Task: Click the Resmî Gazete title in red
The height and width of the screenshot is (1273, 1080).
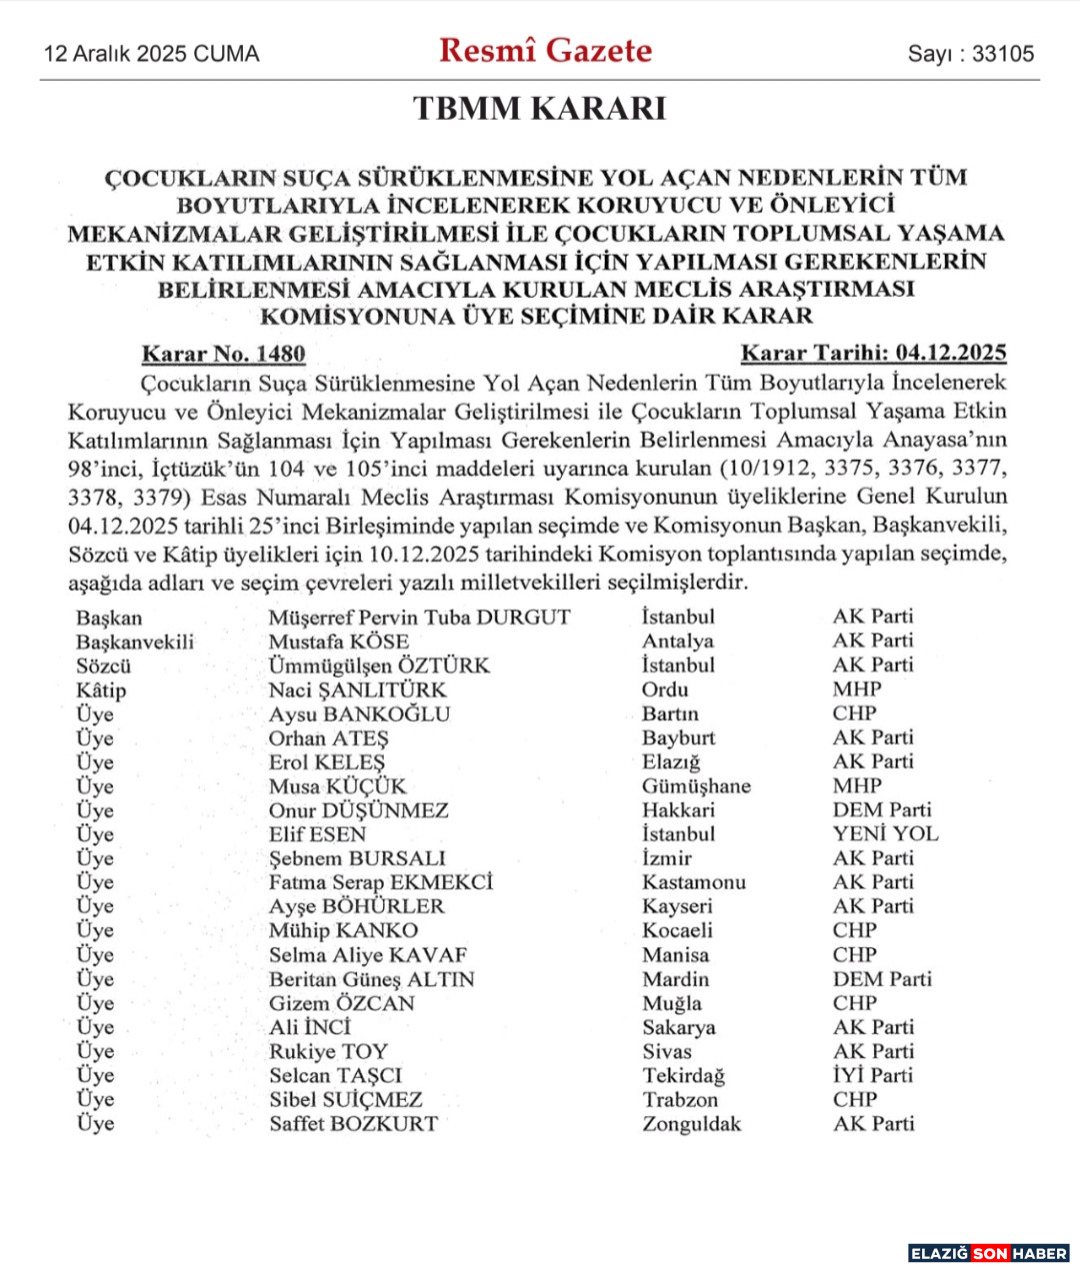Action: (x=545, y=50)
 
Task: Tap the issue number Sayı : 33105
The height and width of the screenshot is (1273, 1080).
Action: (x=970, y=54)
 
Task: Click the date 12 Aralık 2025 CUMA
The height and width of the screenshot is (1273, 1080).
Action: (x=151, y=54)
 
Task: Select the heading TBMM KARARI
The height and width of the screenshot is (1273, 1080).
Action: (x=539, y=108)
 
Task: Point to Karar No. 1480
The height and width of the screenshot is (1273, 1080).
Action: (x=223, y=354)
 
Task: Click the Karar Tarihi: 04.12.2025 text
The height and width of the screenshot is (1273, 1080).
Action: (x=873, y=353)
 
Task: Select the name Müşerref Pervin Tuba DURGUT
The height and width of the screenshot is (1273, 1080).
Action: (x=419, y=618)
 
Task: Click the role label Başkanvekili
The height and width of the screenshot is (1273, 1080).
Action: (x=135, y=641)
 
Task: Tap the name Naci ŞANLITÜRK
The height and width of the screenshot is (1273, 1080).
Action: (x=357, y=689)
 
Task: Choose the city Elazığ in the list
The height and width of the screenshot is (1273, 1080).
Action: (x=671, y=762)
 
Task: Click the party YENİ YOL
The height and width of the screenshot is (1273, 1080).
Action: (x=885, y=834)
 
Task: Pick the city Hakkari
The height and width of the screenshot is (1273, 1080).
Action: (x=678, y=810)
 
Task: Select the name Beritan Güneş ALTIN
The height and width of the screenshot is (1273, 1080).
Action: (x=371, y=979)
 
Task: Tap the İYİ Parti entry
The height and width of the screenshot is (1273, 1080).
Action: (x=873, y=1075)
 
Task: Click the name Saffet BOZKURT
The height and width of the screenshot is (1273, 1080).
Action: (x=353, y=1123)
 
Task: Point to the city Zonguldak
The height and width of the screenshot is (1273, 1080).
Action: (x=691, y=1124)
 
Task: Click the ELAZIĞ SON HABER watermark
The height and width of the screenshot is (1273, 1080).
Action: (x=988, y=1253)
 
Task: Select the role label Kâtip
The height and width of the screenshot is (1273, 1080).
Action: (x=101, y=690)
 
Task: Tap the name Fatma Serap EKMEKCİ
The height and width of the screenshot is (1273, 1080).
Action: (x=380, y=882)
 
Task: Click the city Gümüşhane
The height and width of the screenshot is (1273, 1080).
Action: (x=696, y=786)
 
